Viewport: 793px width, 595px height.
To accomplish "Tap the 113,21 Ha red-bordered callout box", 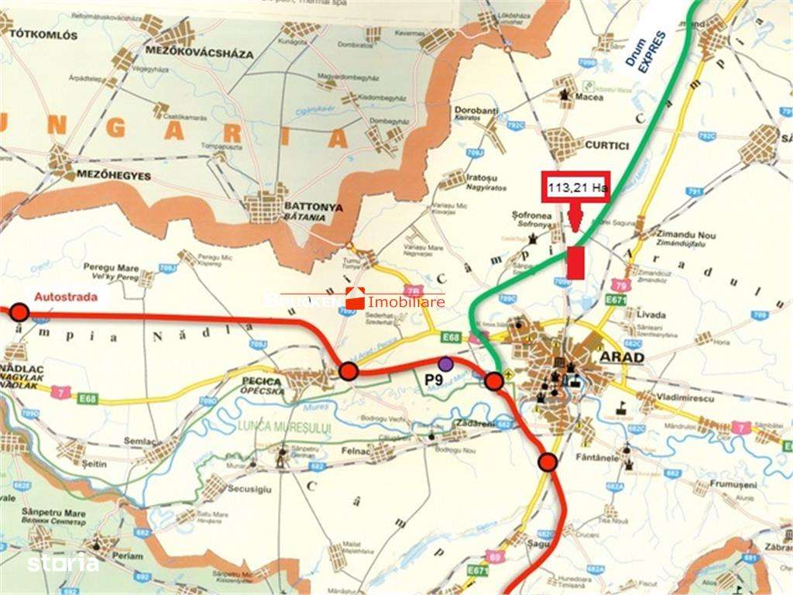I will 578,187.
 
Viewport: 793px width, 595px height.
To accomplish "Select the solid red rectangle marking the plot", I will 575,263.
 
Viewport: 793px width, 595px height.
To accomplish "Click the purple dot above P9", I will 445,363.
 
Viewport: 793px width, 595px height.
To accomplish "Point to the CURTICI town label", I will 608,145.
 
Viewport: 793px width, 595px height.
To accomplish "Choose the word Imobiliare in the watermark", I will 407,302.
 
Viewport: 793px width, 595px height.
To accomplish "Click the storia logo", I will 63,564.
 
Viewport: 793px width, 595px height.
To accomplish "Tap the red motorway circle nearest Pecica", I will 348,372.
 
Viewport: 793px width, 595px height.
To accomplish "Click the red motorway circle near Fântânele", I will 548,463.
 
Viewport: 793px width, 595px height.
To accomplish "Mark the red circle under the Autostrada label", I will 19,312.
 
